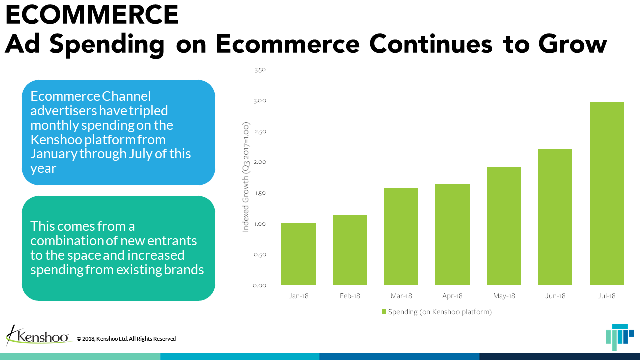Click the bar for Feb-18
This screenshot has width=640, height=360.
point(350,250)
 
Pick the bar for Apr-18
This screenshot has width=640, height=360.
point(453,234)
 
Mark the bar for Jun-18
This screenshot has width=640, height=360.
point(555,217)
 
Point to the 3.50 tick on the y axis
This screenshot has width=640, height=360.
point(260,70)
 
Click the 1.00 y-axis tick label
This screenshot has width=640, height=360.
point(260,224)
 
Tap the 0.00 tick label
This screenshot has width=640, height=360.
point(260,285)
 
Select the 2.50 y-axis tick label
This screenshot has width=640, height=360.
point(260,132)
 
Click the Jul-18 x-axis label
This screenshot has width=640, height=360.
point(607,296)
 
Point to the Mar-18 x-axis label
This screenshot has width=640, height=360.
point(401,296)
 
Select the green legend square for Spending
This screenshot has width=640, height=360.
point(384,312)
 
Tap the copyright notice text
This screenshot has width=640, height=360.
point(126,339)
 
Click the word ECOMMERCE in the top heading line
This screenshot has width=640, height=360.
point(92,15)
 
